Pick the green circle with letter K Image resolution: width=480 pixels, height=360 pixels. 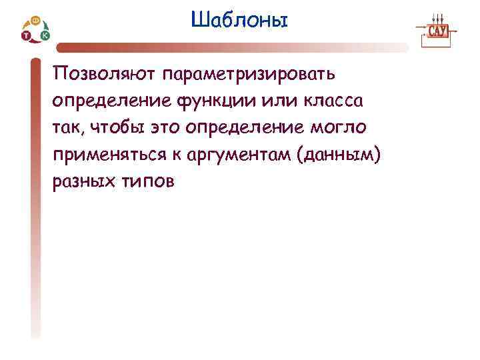45,35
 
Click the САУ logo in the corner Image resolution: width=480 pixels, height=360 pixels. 437,31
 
